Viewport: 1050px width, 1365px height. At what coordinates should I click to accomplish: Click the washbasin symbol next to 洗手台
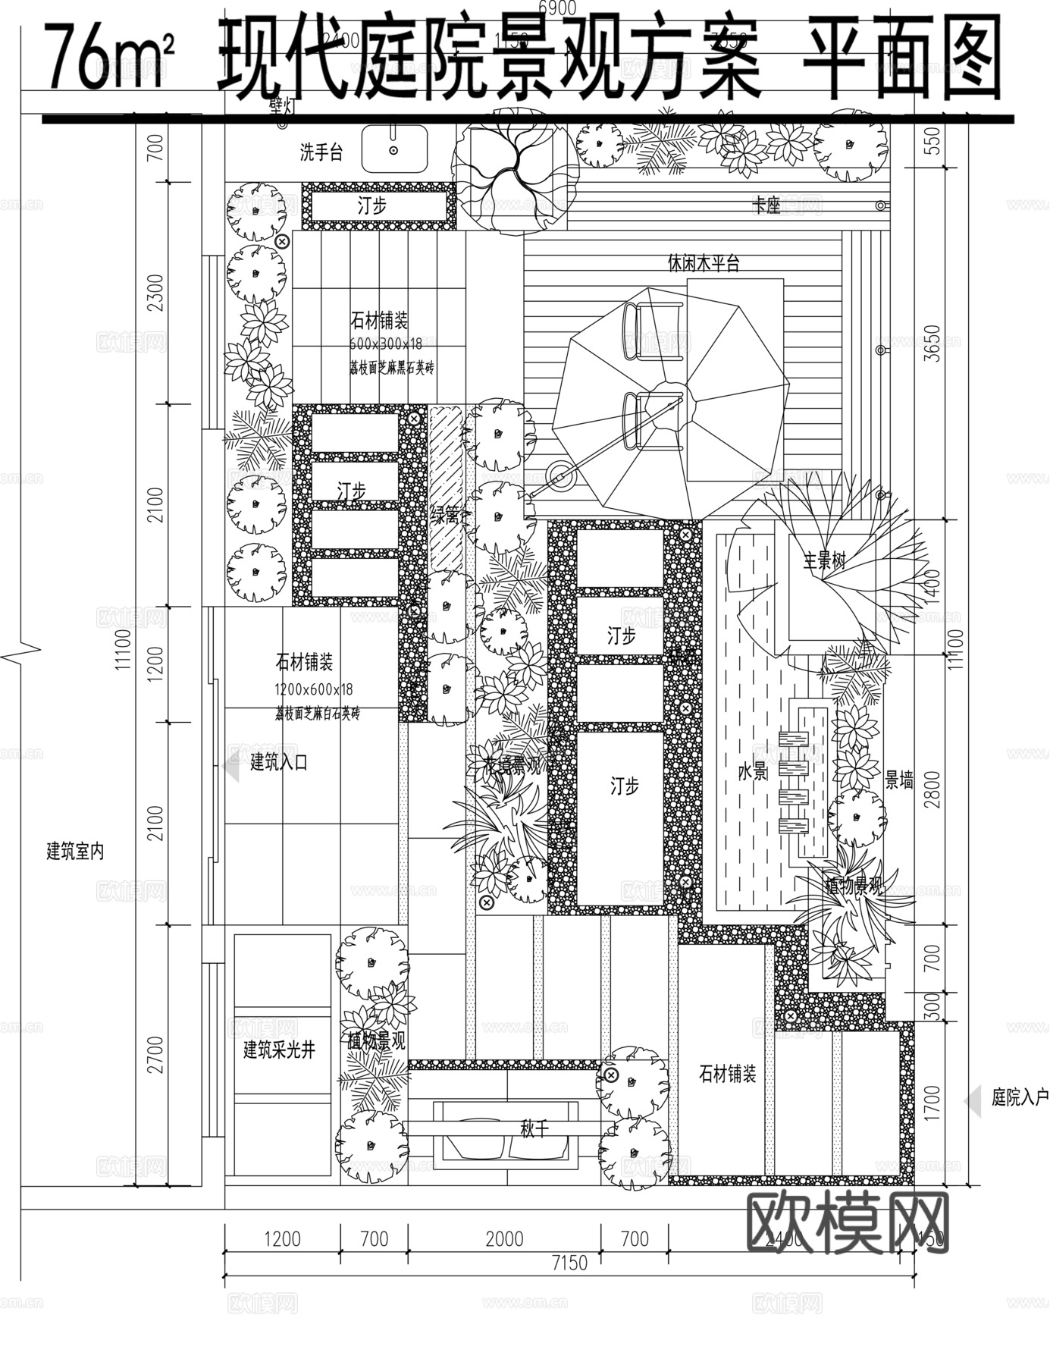394,149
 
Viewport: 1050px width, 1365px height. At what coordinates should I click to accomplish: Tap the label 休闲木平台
703,263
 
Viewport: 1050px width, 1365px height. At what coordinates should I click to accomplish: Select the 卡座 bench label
766,206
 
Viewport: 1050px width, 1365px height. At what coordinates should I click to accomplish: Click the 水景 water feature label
753,771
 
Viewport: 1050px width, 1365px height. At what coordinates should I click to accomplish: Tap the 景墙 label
899,779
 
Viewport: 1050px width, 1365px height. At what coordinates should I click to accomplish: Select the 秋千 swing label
534,1129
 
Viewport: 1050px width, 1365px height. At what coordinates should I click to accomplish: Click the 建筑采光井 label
278,1050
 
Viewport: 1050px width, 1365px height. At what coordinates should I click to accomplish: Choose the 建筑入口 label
279,762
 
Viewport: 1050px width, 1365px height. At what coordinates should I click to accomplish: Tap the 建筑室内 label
75,851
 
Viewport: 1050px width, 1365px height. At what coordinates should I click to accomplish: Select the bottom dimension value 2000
504,1238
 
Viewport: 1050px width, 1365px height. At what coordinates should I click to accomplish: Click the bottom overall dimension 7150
569,1263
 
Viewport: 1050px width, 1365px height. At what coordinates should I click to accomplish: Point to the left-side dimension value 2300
155,293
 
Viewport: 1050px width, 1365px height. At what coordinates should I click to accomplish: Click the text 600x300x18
386,344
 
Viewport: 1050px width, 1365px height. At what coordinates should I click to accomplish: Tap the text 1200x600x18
313,689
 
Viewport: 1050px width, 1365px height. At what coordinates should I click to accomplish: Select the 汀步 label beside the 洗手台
372,205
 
